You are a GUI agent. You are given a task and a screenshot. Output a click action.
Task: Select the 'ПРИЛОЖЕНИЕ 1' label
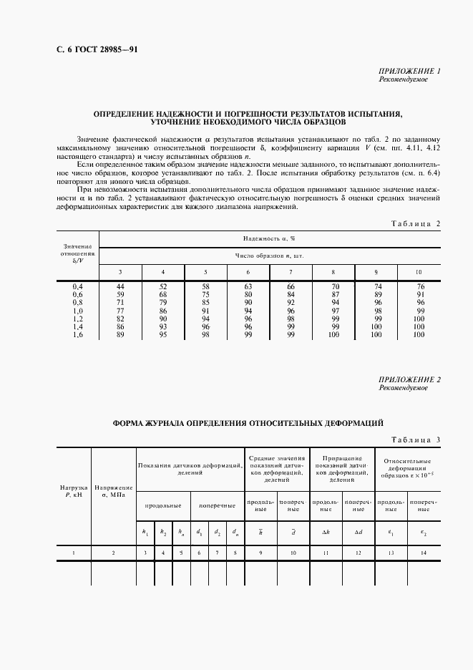pyautogui.click(x=409, y=71)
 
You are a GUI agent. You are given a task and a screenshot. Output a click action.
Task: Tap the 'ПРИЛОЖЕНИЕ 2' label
pyautogui.click(x=409, y=379)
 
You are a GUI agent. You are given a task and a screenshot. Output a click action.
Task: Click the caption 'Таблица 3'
pyautogui.click(x=416, y=440)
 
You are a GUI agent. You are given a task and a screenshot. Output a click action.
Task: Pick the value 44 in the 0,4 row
pyautogui.click(x=120, y=286)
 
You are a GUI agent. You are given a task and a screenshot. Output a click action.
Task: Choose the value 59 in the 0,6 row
pyautogui.click(x=120, y=294)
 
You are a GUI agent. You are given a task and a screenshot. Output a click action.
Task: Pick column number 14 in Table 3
pyautogui.click(x=423, y=553)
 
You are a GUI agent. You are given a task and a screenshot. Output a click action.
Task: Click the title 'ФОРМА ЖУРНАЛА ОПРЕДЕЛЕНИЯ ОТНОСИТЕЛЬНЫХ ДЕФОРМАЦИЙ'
pyautogui.click(x=248, y=423)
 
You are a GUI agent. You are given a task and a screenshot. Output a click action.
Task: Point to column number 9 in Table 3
pyautogui.click(x=260, y=553)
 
